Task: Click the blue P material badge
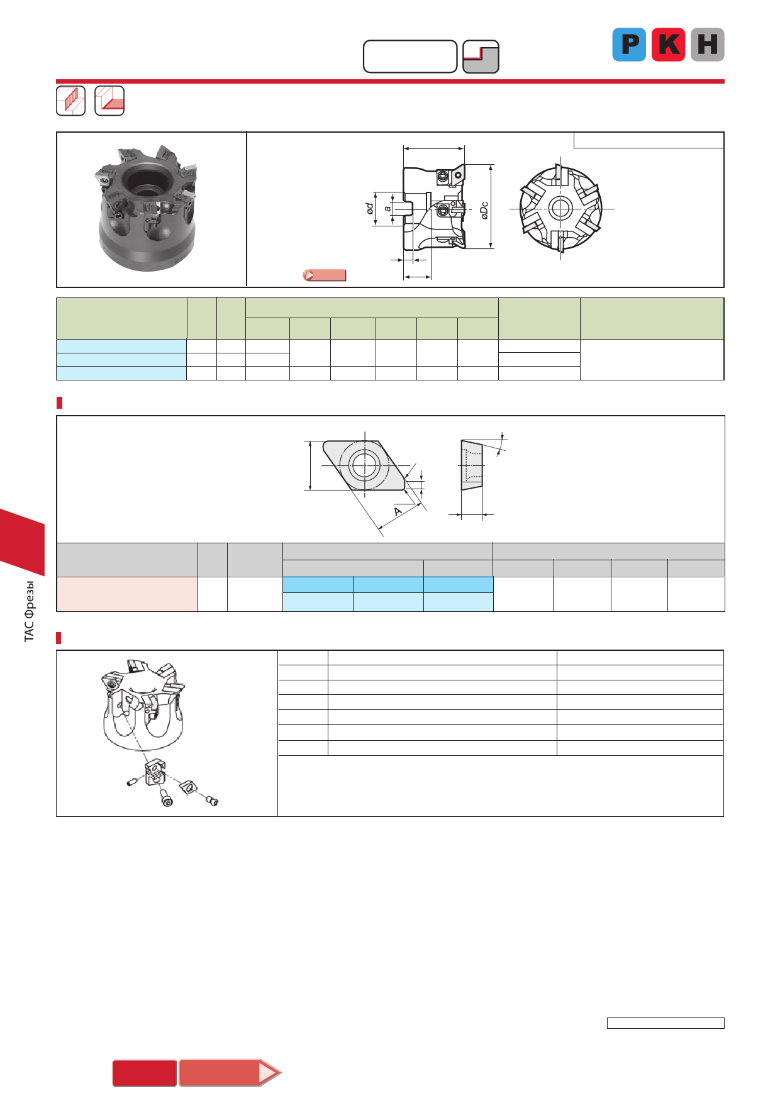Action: pyautogui.click(x=629, y=45)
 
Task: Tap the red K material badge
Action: pyautogui.click(x=668, y=45)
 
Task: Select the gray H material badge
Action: pyautogui.click(x=708, y=45)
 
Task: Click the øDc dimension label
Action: pyautogui.click(x=484, y=210)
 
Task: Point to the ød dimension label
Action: pyautogui.click(x=370, y=208)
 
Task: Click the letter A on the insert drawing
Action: pyautogui.click(x=398, y=511)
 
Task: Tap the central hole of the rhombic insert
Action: pyautogui.click(x=364, y=465)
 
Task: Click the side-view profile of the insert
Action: pyautogui.click(x=472, y=465)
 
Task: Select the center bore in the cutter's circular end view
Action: pyautogui.click(x=559, y=208)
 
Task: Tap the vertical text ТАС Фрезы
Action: pyautogui.click(x=29, y=611)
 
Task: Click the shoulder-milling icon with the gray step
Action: pyautogui.click(x=481, y=57)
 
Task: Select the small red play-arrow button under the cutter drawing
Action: pyautogui.click(x=324, y=275)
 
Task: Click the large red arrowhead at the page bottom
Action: pyautogui.click(x=270, y=1073)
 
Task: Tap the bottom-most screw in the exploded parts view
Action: pyautogui.click(x=167, y=801)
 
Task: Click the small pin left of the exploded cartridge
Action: pyautogui.click(x=132, y=782)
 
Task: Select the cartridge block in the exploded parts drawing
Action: pyautogui.click(x=155, y=773)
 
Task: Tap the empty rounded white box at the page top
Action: pyautogui.click(x=410, y=57)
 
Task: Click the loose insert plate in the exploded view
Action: pyautogui.click(x=187, y=786)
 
